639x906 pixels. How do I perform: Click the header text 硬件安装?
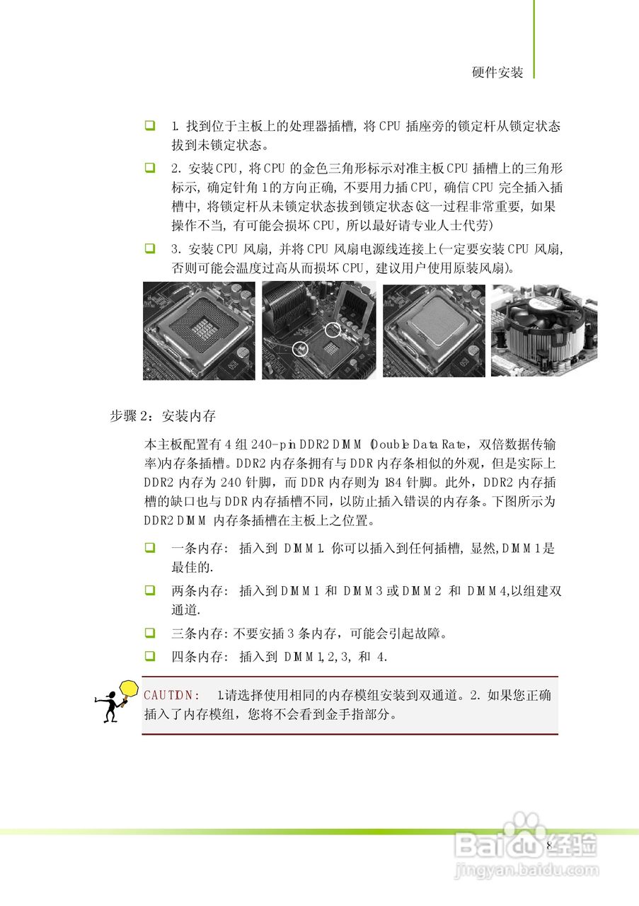click(497, 72)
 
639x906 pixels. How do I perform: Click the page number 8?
click(549, 846)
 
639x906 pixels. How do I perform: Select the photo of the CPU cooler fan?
click(543, 331)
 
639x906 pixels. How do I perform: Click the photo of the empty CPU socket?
click(199, 331)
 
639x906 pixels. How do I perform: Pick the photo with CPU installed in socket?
click(434, 331)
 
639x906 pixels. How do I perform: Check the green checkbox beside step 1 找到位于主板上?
click(150, 126)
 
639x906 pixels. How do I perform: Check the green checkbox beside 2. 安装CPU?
click(150, 168)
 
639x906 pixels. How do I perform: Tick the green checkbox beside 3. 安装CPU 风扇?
click(150, 248)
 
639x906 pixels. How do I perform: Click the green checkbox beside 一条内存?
click(150, 548)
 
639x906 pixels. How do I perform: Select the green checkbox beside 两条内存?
click(150, 590)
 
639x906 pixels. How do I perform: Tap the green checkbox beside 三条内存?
click(150, 632)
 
